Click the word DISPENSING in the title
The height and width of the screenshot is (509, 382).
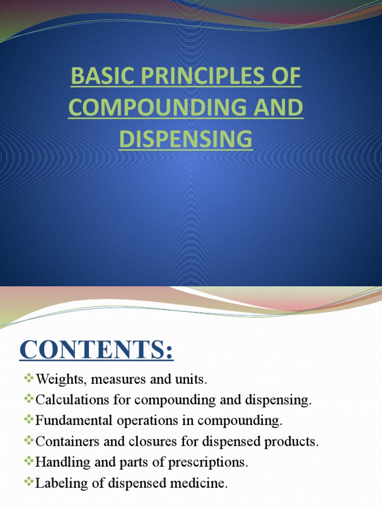(186, 139)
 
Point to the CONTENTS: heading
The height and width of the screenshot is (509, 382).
(96, 352)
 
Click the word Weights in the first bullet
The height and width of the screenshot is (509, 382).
(55, 380)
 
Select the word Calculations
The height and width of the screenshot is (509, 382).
(67, 401)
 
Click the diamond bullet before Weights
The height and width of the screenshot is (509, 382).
(29, 379)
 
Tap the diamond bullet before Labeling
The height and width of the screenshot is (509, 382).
(29, 482)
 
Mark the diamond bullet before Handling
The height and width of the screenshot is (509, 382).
(29, 461)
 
